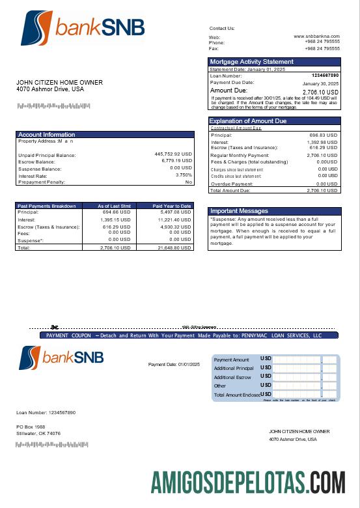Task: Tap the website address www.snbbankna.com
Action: coord(316,36)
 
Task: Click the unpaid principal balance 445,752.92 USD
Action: coord(173,154)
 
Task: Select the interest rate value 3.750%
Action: coord(184,175)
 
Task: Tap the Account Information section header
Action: coord(47,135)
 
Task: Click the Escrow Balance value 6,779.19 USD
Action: coord(174,161)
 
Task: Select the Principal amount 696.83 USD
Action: coord(323,135)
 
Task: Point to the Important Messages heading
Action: coord(239,211)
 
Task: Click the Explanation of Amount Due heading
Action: coord(247,121)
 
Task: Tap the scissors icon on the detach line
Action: coord(55,327)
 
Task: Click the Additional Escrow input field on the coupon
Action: coord(297,377)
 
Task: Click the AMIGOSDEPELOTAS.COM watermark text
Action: coord(248,482)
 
